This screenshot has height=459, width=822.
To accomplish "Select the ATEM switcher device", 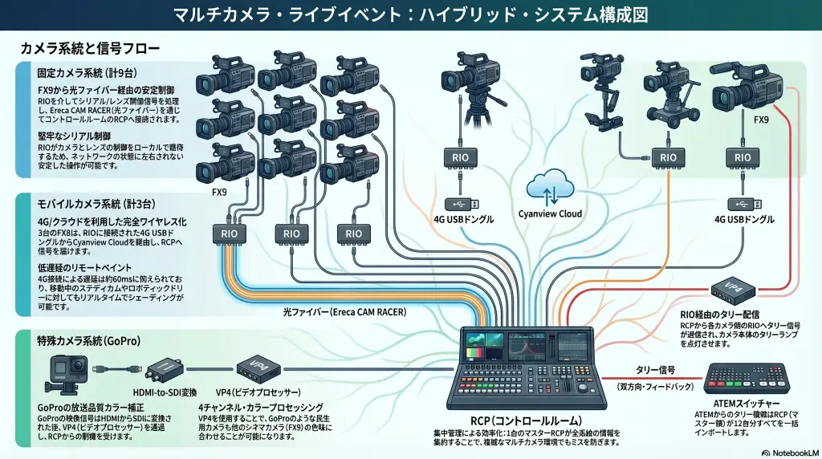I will (x=742, y=378).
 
